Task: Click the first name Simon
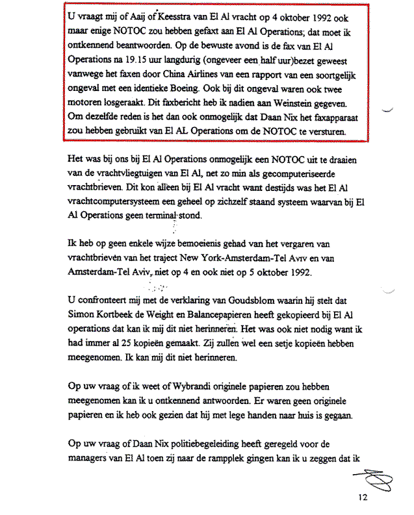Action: coord(81,320)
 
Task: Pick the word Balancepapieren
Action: coord(222,320)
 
